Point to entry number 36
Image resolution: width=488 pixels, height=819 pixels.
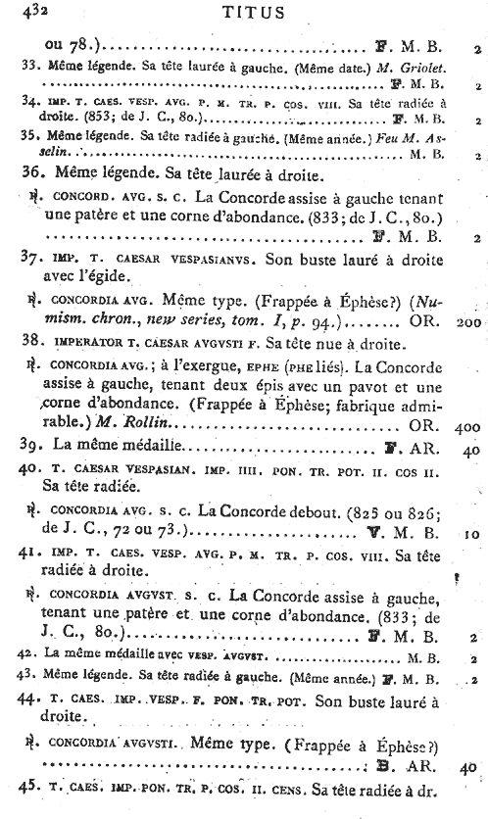tap(28, 176)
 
